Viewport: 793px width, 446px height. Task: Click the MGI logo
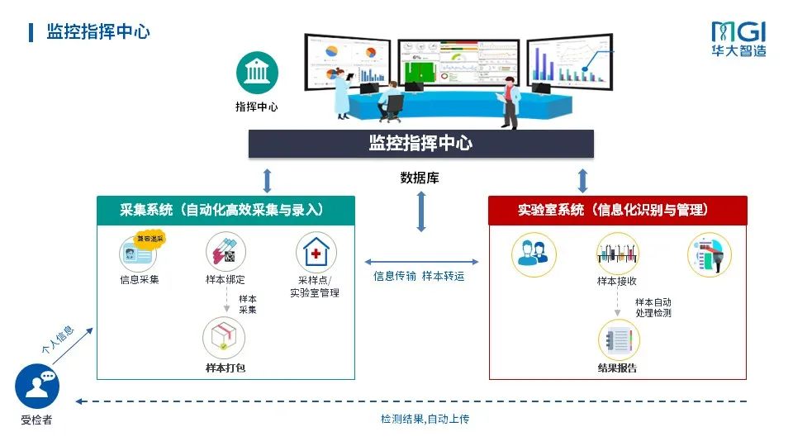pos(738,39)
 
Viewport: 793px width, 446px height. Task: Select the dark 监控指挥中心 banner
pos(420,143)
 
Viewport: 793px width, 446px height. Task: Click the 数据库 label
pos(420,178)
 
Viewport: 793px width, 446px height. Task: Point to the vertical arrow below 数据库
pos(421,212)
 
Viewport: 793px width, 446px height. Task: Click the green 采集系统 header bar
pos(226,210)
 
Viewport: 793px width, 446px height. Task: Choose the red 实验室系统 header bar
pos(617,210)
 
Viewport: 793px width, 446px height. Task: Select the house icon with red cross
pos(316,253)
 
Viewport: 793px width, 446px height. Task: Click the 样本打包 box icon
pos(224,337)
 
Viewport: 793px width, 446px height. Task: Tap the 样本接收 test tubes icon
pos(617,252)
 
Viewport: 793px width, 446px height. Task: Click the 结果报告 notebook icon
pos(617,339)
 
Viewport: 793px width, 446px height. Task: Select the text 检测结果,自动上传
pos(425,420)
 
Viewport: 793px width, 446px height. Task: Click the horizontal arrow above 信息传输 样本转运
pos(421,261)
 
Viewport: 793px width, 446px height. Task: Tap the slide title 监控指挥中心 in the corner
pos(98,32)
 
